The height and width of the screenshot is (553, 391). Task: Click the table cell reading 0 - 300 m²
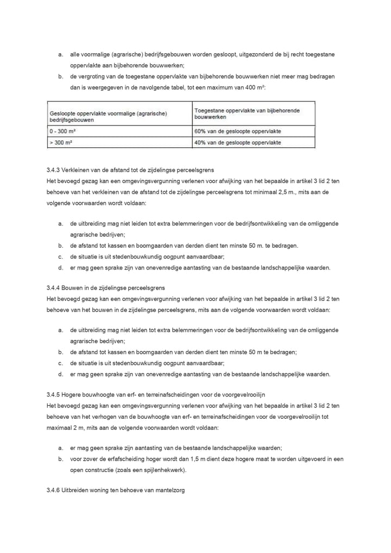[x=61, y=131]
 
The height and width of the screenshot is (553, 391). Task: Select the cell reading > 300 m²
[x=61, y=142]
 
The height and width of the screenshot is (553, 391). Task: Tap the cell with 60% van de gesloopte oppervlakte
[x=237, y=131]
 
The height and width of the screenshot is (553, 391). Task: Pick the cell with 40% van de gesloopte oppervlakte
[x=237, y=142]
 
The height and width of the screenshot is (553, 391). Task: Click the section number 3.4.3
[x=55, y=170]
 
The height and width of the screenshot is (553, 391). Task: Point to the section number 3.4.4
[x=55, y=287]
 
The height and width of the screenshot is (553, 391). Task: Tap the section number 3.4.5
[x=55, y=394]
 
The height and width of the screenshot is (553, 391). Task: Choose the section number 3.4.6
[x=55, y=491]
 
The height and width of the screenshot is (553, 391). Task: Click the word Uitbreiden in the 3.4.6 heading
[x=77, y=491]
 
